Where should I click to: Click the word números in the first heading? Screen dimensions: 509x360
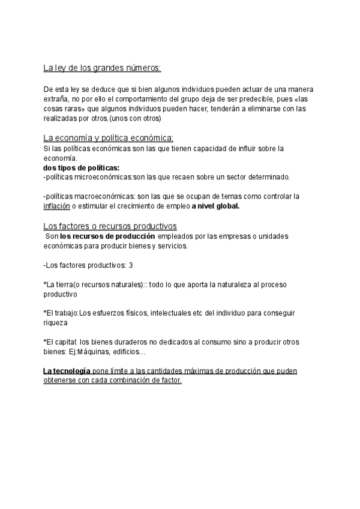[141, 68]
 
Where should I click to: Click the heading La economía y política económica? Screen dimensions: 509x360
[109, 138]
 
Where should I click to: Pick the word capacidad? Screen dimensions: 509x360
[190, 148]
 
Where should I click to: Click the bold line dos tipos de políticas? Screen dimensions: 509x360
[82, 167]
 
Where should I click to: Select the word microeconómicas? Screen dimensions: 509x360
[103, 177]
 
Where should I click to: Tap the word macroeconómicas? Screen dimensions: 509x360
[104, 196]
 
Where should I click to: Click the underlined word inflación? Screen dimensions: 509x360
[56, 206]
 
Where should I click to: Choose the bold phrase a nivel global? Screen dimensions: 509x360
[215, 206]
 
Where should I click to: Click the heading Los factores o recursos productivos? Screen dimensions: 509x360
[110, 226]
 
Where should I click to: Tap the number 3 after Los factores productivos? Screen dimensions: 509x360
[131, 265]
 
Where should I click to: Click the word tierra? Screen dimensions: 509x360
[71, 284]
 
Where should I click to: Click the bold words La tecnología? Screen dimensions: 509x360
[67, 371]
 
